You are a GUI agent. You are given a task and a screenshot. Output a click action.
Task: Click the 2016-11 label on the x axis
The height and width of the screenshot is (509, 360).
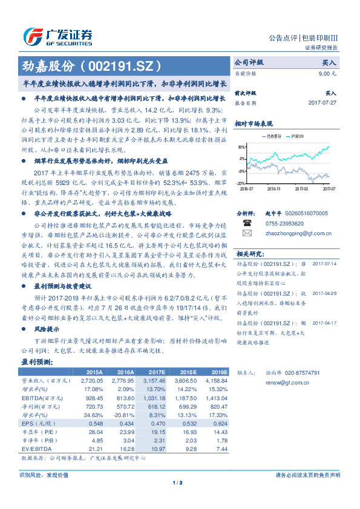click(x=274, y=189)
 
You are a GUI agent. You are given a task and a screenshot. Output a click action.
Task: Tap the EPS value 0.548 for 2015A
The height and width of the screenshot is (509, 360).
click(x=95, y=425)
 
